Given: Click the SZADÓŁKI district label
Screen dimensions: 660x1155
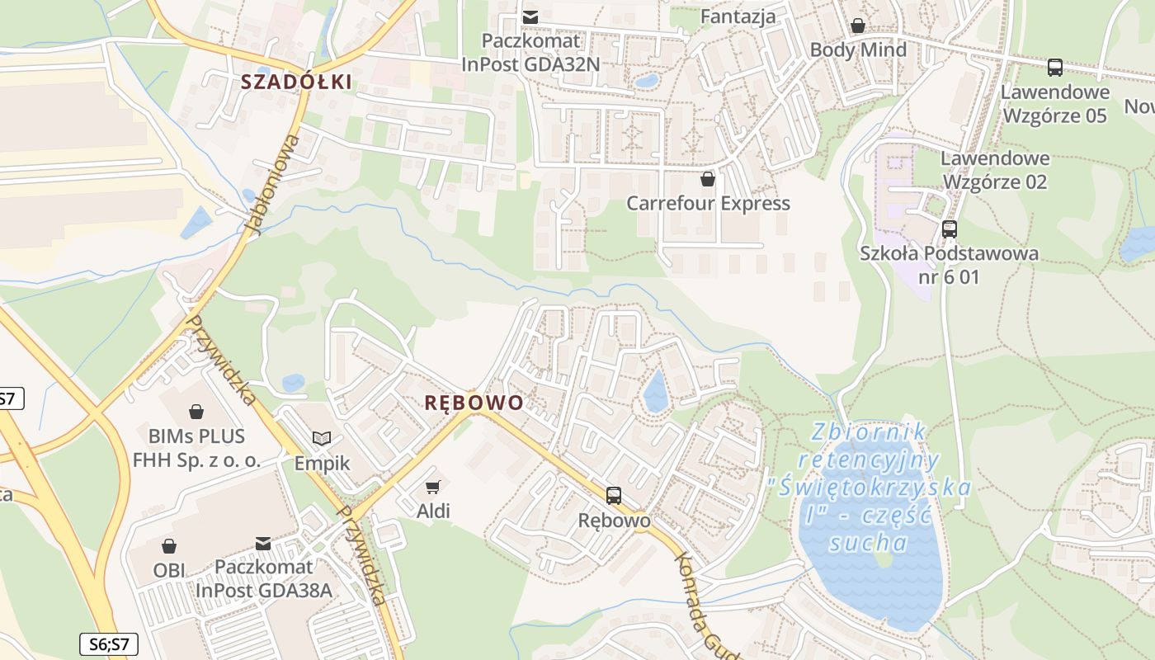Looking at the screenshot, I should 296,82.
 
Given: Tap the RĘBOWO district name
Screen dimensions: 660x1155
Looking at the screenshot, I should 474,403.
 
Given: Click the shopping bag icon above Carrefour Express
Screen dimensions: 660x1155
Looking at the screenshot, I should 708,178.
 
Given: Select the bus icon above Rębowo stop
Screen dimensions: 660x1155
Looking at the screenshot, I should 614,495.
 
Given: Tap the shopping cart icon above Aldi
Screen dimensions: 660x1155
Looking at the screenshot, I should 432,487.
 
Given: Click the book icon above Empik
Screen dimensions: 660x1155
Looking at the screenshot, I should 322,438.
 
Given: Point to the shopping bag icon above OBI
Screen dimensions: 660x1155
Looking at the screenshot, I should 168,545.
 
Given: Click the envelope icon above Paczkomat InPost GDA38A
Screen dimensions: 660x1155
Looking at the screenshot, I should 262,543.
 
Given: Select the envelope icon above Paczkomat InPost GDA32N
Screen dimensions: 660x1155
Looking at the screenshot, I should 531,16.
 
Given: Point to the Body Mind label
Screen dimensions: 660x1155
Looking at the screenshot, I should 858,49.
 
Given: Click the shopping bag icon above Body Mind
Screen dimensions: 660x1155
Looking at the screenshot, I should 858,26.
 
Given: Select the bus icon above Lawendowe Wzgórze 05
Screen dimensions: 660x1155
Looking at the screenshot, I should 1054,67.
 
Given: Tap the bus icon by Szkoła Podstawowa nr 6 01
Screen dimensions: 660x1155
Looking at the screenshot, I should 950,229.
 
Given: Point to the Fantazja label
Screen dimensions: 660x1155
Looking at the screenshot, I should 738,16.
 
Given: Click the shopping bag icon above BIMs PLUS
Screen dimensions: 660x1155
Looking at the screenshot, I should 196,411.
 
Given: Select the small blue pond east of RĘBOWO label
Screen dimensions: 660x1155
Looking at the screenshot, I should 656,391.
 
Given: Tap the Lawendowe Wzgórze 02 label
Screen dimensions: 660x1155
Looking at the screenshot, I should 995,169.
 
